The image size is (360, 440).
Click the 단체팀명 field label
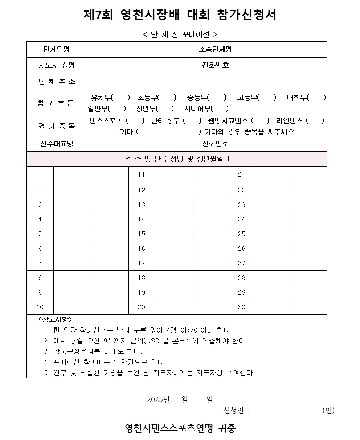[x=57, y=49]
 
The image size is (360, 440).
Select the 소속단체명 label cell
[x=215, y=49]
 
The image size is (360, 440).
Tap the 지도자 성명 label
[x=57, y=65]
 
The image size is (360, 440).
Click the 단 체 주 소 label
[x=57, y=81]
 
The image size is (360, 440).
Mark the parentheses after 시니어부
[x=220, y=109]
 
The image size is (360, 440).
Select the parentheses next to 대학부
[x=316, y=98]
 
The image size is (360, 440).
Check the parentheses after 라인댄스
[x=315, y=121]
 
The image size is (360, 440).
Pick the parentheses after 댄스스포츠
[x=135, y=121]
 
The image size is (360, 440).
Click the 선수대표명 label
[x=57, y=144]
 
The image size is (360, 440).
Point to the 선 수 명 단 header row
[x=177, y=159]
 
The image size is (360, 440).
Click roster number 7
[x=40, y=263]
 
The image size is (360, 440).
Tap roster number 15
[x=142, y=234]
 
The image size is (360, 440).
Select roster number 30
[x=242, y=307]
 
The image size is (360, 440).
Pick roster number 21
[x=242, y=175]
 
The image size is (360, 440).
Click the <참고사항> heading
[x=55, y=319]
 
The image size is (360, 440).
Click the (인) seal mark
[x=328, y=410]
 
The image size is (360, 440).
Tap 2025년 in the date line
[x=158, y=399]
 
